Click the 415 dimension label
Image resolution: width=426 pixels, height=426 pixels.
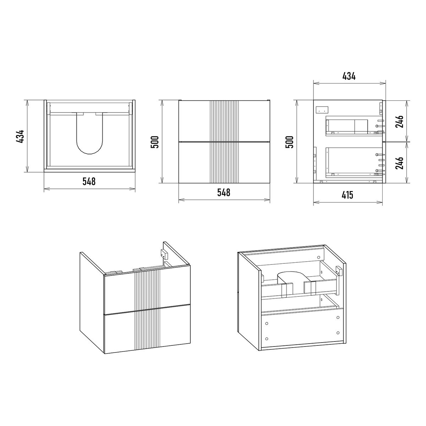tap(347, 195)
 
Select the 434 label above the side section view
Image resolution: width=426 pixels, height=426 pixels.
tap(349, 76)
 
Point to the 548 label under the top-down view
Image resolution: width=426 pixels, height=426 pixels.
tap(89, 181)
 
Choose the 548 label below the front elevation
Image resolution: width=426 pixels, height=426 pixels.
tap(224, 192)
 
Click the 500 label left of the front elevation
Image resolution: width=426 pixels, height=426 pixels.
tap(155, 142)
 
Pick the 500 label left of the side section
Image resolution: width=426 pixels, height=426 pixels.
tap(290, 142)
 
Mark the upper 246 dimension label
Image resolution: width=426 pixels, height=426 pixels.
tap(399, 121)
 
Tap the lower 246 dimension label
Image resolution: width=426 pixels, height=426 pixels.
tap(399, 163)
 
